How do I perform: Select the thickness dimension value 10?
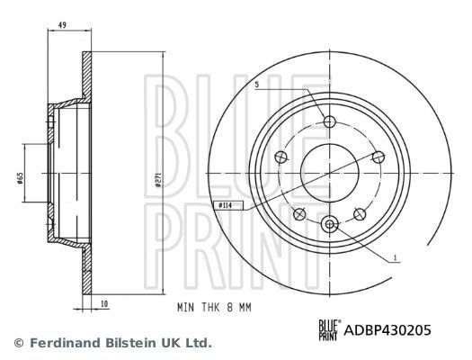(104, 304)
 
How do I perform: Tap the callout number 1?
(393, 259)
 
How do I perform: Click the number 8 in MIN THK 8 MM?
(229, 305)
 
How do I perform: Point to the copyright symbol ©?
(18, 343)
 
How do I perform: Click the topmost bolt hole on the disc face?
(329, 122)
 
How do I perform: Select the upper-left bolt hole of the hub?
(281, 157)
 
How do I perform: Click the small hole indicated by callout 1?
(329, 224)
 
